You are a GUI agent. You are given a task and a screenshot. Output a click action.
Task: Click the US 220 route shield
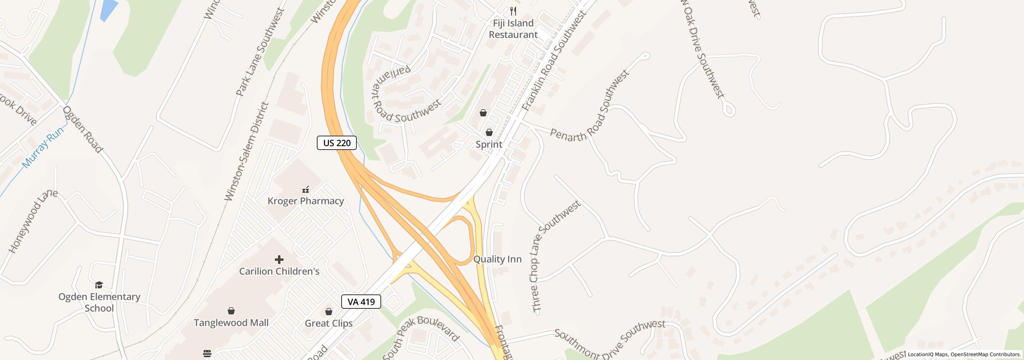pos(336,143)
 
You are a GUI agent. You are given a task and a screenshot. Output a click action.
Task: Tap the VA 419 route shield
pos(361,302)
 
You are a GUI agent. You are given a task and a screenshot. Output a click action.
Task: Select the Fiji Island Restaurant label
pos(513,29)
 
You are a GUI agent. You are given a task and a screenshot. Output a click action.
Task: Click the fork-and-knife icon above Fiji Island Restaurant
pos(513,11)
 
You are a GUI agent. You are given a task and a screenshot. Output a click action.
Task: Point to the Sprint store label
pos(489,144)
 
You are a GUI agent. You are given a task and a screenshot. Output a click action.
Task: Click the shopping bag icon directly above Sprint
pos(489,132)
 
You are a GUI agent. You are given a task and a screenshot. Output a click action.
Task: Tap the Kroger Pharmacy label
pos(306,201)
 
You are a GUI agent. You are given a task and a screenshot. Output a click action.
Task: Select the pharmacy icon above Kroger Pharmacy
pos(306,189)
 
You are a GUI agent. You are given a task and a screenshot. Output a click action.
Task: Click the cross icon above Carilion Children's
pos(279,260)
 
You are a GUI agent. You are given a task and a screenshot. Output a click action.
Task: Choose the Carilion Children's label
pos(279,271)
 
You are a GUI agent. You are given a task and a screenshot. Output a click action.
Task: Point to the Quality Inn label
pos(498,259)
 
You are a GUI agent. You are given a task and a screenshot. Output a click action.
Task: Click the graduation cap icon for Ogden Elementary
pos(99,285)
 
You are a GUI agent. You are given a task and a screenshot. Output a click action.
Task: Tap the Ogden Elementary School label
pos(99,302)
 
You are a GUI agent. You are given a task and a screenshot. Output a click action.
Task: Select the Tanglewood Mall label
pos(231,322)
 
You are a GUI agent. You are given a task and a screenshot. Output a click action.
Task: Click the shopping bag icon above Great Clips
pos(329,312)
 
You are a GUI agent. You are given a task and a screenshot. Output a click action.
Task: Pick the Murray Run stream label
pos(43,147)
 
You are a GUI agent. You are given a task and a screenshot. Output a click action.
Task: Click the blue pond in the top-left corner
pos(108,9)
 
